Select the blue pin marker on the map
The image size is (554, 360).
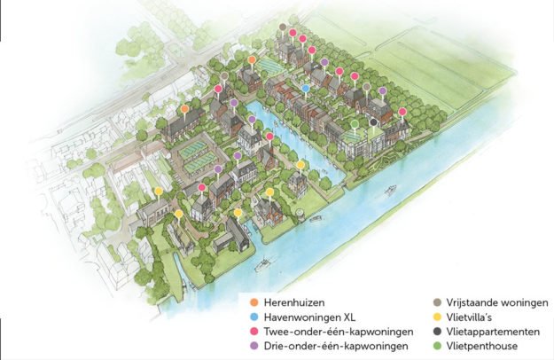pos(306,89)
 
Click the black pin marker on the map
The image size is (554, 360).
pos(374,122)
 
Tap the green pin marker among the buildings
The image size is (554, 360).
pos(355,123)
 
